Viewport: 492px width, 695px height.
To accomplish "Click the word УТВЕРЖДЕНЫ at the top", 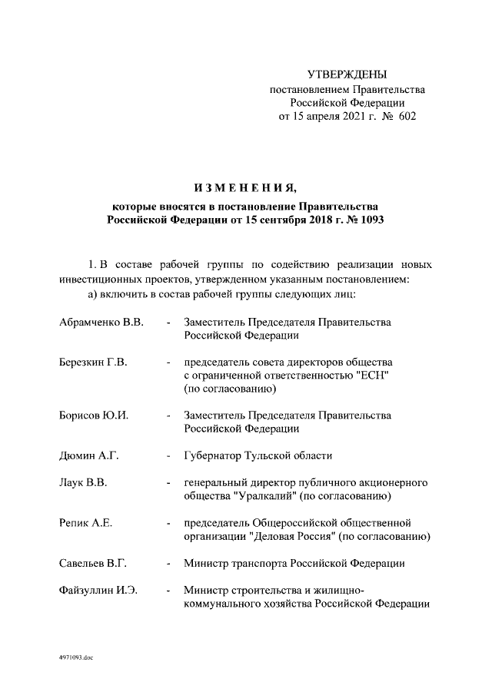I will [347, 74].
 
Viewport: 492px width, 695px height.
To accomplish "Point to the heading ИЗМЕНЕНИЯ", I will [245, 188].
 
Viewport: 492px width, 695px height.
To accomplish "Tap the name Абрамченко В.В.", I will [101, 322].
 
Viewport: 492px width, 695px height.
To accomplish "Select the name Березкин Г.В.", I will [93, 362].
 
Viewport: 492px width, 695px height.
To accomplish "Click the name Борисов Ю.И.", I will [93, 415].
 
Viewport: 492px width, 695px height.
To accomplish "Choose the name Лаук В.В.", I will [82, 482].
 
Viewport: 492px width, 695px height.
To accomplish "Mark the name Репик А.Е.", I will [85, 523].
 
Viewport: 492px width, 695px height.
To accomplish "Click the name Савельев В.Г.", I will [92, 563].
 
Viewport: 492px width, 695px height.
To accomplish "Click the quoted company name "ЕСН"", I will [377, 376].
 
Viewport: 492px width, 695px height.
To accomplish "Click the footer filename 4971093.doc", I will [75, 657].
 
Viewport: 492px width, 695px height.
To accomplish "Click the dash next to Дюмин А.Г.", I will [168, 455].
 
